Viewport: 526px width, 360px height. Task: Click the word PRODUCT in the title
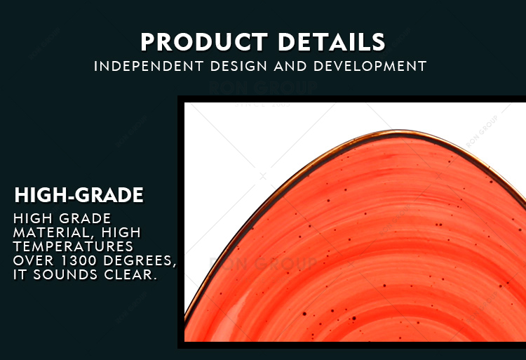204,42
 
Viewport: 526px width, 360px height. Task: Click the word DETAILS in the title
332,42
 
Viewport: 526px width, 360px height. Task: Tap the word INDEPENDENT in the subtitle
149,66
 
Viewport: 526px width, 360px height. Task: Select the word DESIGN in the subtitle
238,66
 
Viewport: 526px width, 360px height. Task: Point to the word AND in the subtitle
290,66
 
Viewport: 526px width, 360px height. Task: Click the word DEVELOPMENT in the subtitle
370,66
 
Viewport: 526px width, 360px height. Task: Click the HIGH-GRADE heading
79,195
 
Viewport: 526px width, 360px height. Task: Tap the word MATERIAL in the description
50,233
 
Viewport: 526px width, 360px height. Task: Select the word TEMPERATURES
73,246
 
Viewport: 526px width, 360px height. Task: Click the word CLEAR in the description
130,274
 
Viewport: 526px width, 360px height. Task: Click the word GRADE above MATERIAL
85,219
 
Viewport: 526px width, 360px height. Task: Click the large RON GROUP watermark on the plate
263,263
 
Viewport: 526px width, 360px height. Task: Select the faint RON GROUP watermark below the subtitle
263,88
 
